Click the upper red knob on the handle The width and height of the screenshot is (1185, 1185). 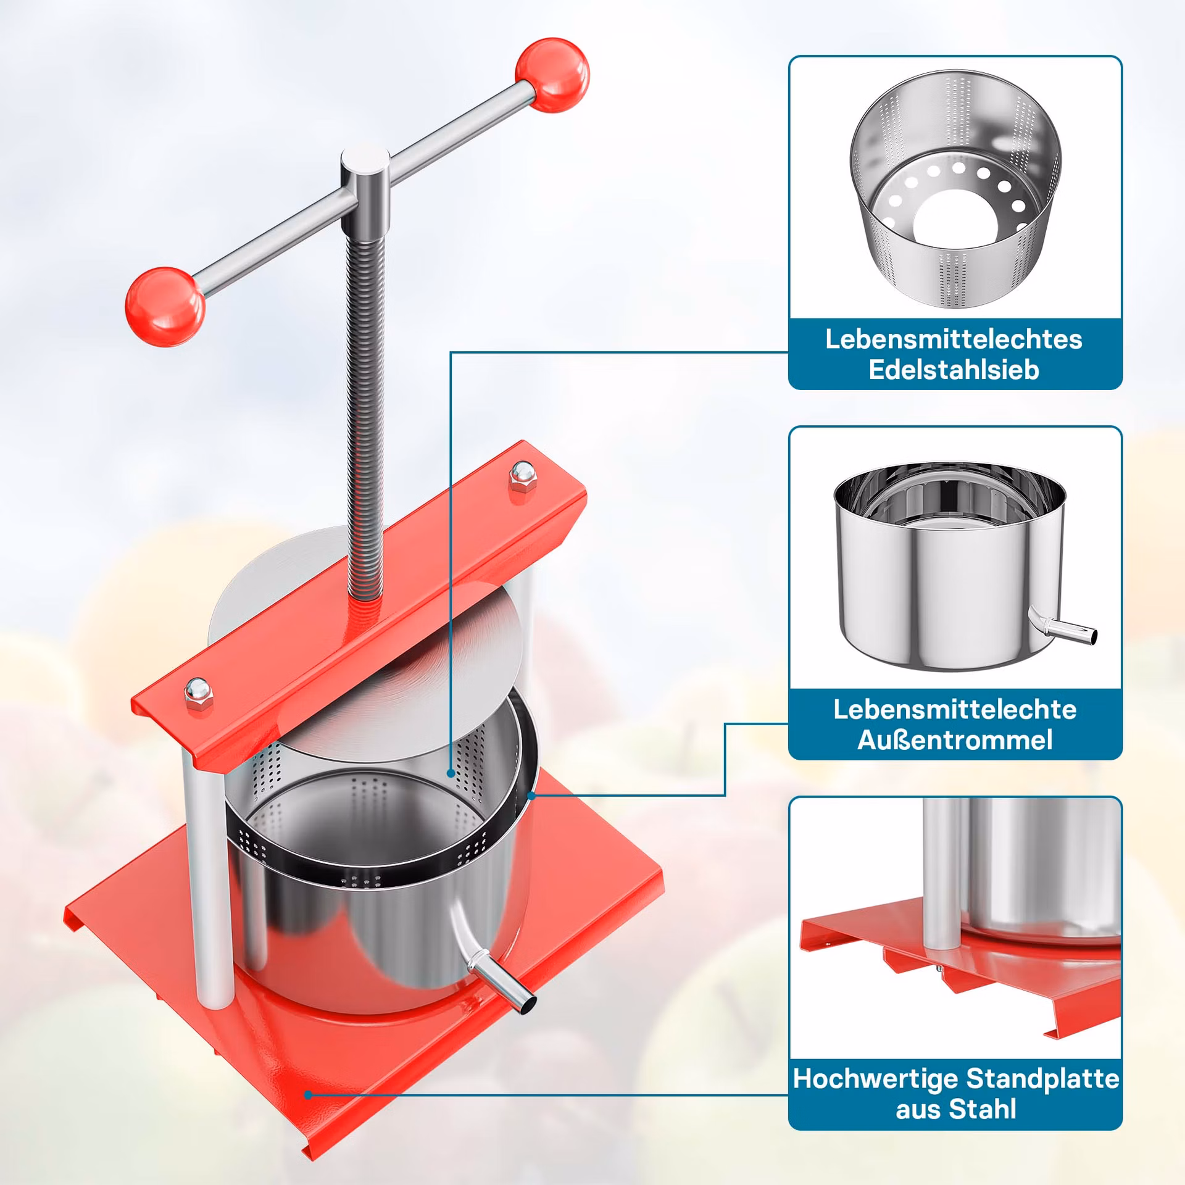(552, 75)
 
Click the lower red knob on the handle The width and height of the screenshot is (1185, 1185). (165, 307)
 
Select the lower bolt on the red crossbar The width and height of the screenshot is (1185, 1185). (198, 696)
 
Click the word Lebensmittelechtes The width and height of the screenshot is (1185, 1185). (954, 339)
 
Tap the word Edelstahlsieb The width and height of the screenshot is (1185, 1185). (954, 370)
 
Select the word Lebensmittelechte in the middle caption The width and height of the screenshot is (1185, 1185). (955, 710)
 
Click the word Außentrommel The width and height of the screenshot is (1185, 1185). (955, 741)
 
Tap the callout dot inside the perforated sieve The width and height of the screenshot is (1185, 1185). (451, 773)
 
